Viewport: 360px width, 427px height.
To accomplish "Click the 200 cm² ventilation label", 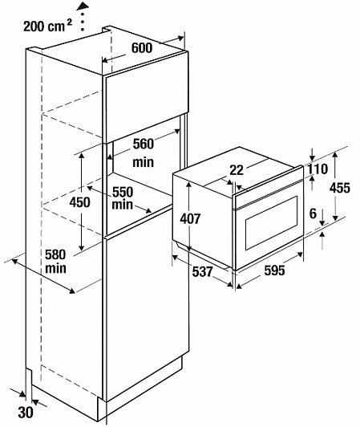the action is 47,26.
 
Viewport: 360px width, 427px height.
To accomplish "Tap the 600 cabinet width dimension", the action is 142,48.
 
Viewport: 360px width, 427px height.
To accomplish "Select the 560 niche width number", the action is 144,144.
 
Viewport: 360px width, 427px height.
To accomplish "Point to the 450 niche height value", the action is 79,202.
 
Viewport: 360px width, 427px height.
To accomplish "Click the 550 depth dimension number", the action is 123,193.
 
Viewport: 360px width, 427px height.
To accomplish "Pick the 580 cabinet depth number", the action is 55,255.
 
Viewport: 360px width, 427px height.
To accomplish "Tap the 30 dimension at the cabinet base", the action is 26,413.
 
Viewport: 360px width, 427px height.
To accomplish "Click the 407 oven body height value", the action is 190,218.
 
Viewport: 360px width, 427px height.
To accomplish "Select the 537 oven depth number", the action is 202,271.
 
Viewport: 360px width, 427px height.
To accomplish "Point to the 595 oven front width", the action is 274,270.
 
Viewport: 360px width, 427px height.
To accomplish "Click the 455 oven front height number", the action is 340,188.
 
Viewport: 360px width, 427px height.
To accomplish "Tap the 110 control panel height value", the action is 318,169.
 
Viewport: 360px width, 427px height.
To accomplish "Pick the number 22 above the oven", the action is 237,170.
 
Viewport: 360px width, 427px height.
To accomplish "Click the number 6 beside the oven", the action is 313,213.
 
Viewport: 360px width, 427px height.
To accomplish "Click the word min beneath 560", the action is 144,162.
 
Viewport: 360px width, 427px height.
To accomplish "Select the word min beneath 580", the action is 56,269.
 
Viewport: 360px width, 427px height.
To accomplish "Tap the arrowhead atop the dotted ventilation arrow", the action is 83,6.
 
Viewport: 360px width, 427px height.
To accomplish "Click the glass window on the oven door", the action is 271,222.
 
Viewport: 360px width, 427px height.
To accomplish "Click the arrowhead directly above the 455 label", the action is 335,156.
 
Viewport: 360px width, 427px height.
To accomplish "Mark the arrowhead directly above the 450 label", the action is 81,157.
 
